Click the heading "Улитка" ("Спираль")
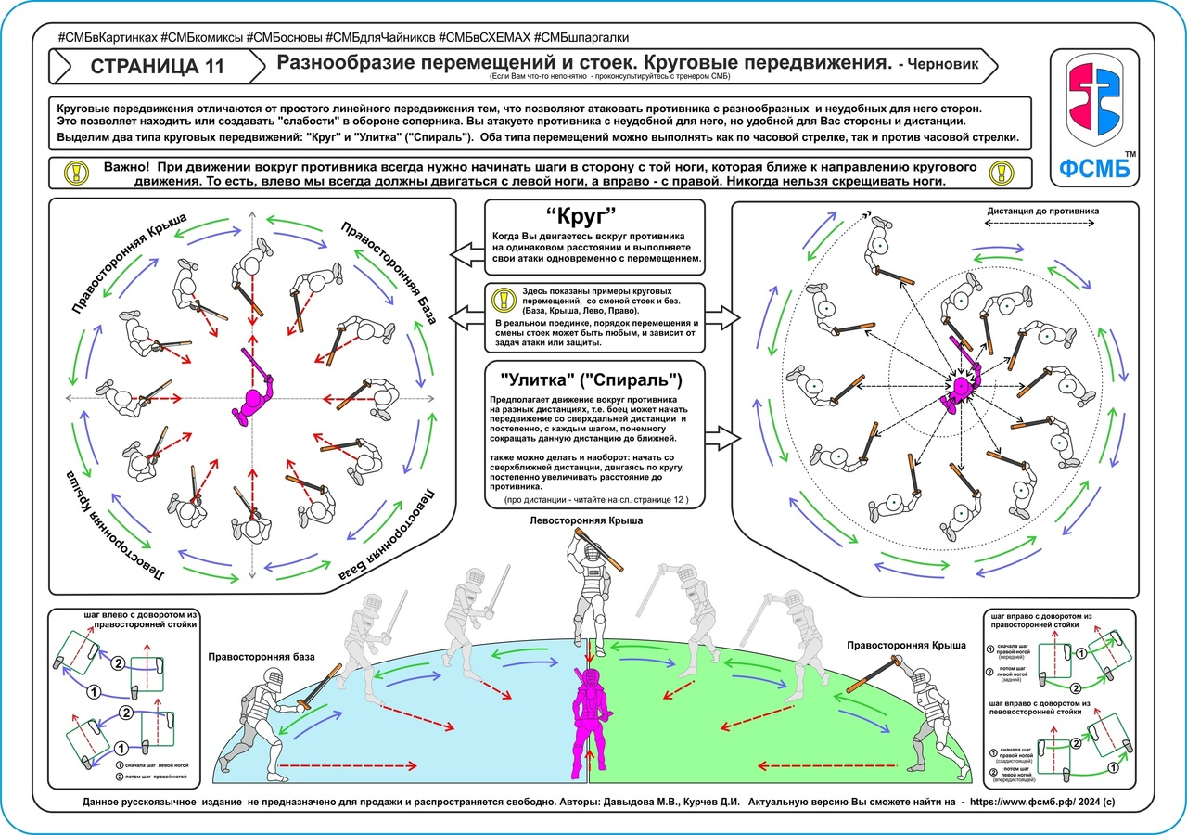pyautogui.click(x=593, y=379)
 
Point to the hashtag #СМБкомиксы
pyautogui.click(x=204, y=37)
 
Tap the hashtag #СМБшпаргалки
pyautogui.click(x=581, y=37)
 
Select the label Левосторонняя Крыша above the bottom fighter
pyautogui.click(x=585, y=521)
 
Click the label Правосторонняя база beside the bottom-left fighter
pyautogui.click(x=262, y=657)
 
